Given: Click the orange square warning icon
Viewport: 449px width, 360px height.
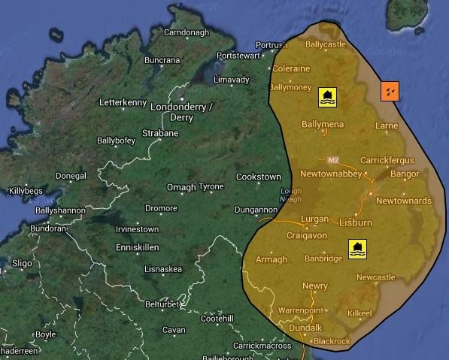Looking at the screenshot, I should (390, 91).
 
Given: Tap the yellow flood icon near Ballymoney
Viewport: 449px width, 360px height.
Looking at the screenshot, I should (327, 96).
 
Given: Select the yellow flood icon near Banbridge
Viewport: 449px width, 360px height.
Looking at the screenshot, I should (358, 249).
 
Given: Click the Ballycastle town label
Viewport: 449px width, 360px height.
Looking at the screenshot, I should (325, 44).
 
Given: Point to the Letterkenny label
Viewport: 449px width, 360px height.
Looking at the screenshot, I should (124, 101).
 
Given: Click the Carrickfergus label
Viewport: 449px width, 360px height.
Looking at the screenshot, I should (387, 160).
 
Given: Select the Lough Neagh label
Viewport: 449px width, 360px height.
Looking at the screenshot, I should (290, 195).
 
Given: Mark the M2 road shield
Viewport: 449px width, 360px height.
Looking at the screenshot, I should (334, 159).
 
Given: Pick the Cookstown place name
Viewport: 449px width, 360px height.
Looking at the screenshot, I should (258, 177).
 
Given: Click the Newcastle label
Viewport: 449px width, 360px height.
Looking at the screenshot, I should (375, 277).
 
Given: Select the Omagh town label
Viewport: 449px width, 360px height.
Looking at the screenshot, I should (181, 187).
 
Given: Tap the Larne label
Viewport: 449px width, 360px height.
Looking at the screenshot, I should (386, 126).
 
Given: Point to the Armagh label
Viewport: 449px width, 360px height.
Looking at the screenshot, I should (272, 260).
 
